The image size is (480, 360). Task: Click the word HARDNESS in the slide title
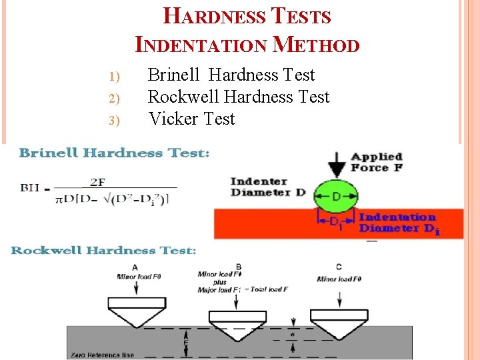213,16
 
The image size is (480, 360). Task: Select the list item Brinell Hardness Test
231,75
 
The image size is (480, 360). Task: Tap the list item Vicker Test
192,119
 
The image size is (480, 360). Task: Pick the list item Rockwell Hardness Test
238,97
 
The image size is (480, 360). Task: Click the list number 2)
113,99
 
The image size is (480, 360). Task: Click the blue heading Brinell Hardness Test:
114,153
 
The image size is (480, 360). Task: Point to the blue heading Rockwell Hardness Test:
103,251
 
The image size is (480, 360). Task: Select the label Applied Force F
377,162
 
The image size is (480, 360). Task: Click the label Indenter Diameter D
269,187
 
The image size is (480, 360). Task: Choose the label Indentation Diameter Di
399,223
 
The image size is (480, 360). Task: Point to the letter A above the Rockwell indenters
135,267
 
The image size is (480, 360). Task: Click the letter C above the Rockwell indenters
339,267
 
